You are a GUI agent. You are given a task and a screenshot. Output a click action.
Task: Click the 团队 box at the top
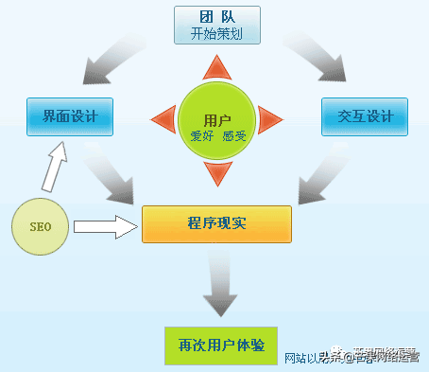click(216, 24)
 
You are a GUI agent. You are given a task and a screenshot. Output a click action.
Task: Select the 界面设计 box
click(64, 117)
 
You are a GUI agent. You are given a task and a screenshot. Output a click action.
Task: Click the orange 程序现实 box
click(216, 222)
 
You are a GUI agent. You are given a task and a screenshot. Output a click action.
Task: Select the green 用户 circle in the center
click(216, 117)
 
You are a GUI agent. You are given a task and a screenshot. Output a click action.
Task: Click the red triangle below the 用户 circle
click(216, 172)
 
